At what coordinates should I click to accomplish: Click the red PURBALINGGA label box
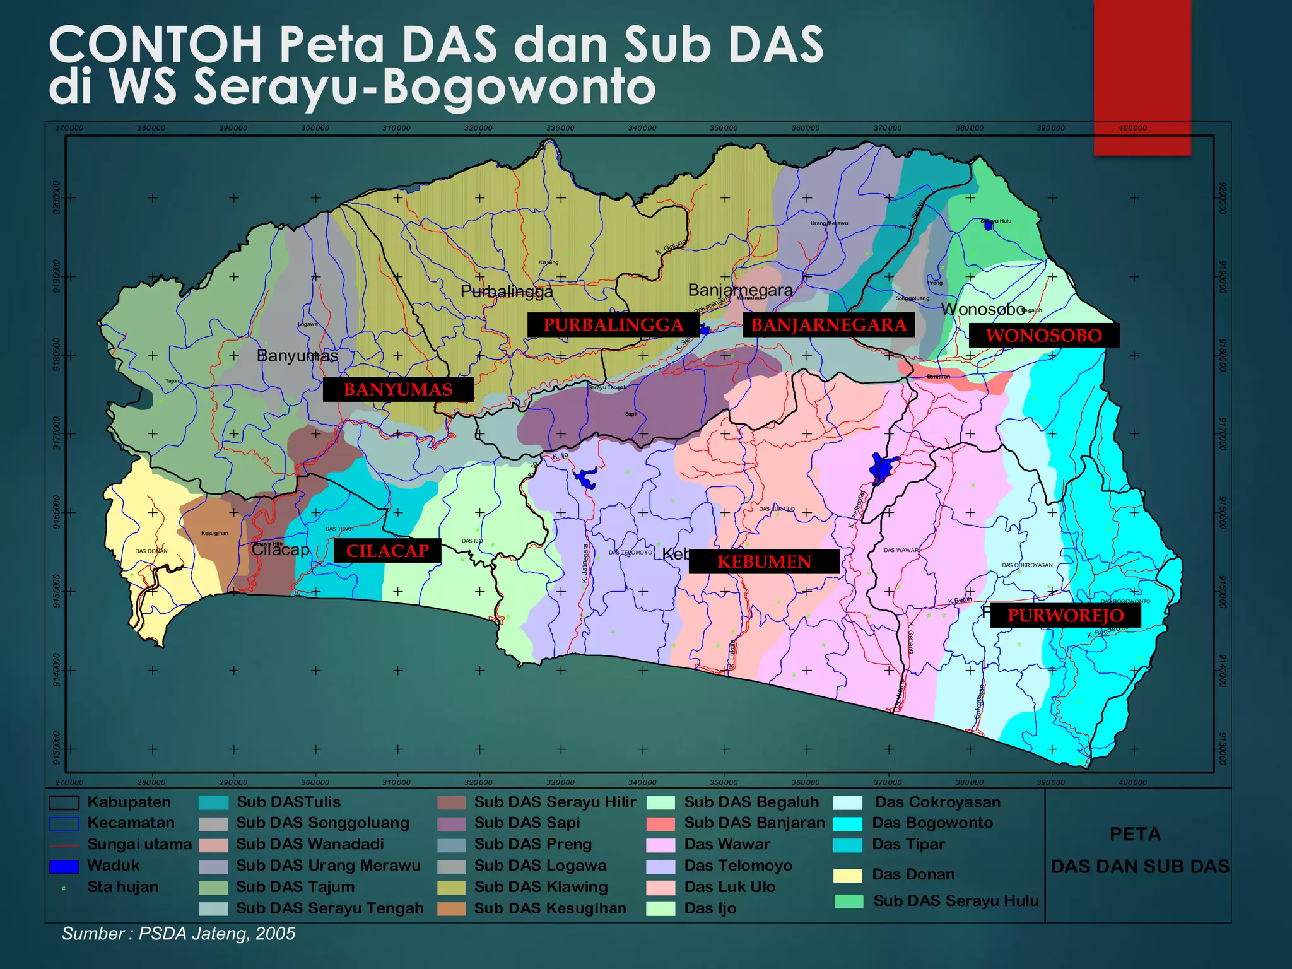coord(613,325)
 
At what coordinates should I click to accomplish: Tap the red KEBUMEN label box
coord(764,561)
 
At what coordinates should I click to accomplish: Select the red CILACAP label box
coord(387,551)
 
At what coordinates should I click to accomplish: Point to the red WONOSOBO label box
coord(1044,335)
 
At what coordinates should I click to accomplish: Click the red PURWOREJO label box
coord(1066,615)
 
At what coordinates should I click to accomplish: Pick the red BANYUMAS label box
coord(398,389)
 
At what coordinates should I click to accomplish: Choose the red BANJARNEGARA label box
coord(828,325)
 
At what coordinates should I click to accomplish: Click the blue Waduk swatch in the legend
coord(64,866)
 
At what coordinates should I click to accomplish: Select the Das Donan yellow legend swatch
coord(847,875)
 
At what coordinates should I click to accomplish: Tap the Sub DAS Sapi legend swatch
coord(451,824)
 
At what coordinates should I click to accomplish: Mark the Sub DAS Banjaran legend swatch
coord(661,824)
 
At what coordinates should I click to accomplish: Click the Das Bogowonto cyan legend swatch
coord(847,824)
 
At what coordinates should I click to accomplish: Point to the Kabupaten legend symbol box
coord(64,802)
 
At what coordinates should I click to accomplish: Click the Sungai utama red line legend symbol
coord(64,845)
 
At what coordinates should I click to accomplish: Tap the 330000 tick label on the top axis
coord(560,128)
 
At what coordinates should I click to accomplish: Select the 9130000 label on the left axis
coord(57,748)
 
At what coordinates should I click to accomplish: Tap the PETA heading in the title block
coord(1135,834)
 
